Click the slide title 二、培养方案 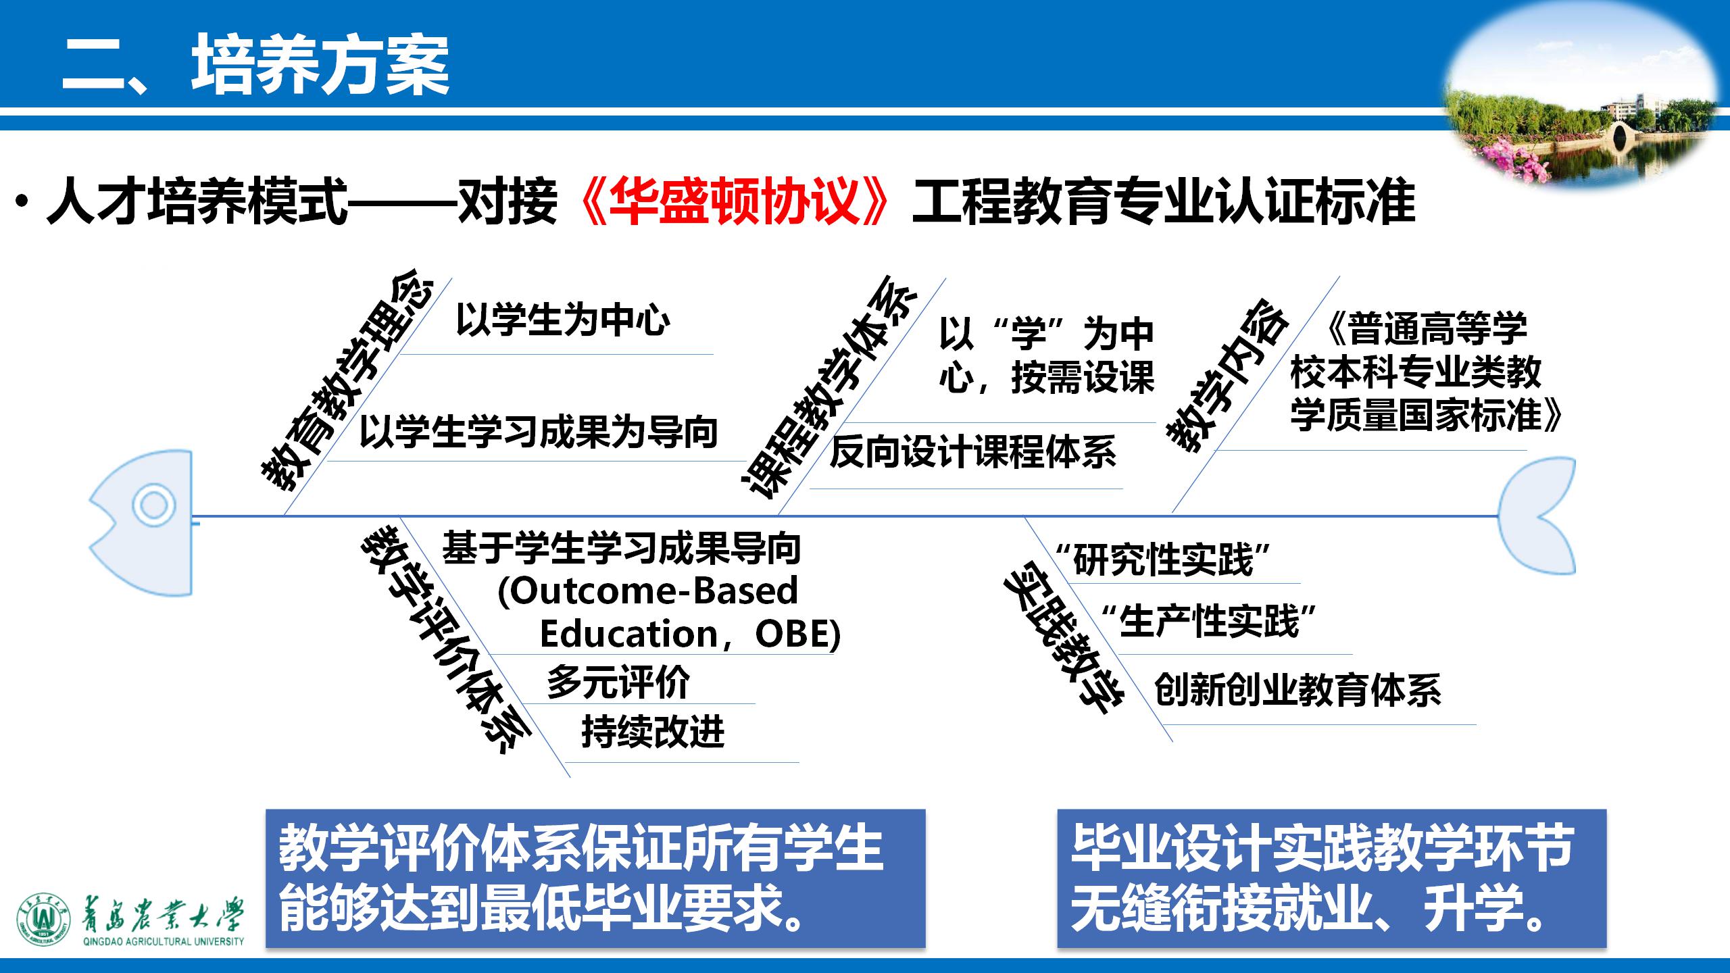(255, 65)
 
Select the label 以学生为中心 (563, 320)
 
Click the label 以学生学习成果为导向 (538, 432)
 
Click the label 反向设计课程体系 (973, 452)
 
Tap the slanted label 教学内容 (1227, 375)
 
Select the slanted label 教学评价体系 (447, 642)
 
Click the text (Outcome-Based (647, 591)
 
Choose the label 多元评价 (618, 682)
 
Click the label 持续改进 (653, 732)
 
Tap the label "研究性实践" (1162, 560)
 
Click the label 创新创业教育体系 (1297, 690)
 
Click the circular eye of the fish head (153, 505)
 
